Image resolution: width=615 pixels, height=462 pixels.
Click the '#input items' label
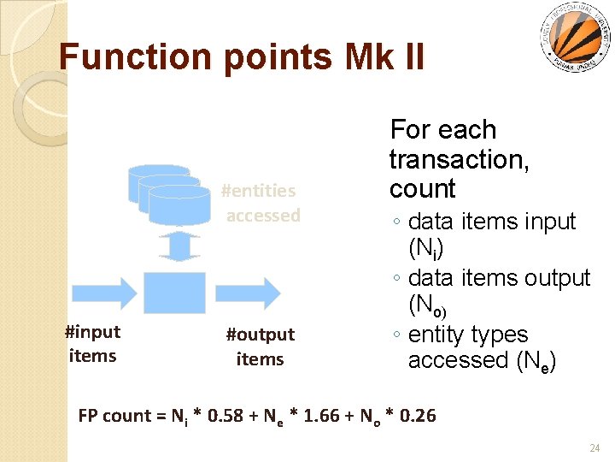pyautogui.click(x=92, y=344)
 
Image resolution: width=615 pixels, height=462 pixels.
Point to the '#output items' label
pyautogui.click(x=260, y=346)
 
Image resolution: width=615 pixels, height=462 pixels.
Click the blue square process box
pyautogui.click(x=174, y=293)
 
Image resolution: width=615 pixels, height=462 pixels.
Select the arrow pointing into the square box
pyautogui.click(x=102, y=292)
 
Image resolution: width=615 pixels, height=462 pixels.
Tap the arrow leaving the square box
pyautogui.click(x=248, y=292)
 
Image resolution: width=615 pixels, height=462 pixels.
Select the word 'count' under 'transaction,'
pyautogui.click(x=422, y=188)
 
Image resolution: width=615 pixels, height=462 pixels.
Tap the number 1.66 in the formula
pyautogui.click(x=325, y=417)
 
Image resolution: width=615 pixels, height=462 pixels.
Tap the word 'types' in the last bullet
pyautogui.click(x=499, y=335)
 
